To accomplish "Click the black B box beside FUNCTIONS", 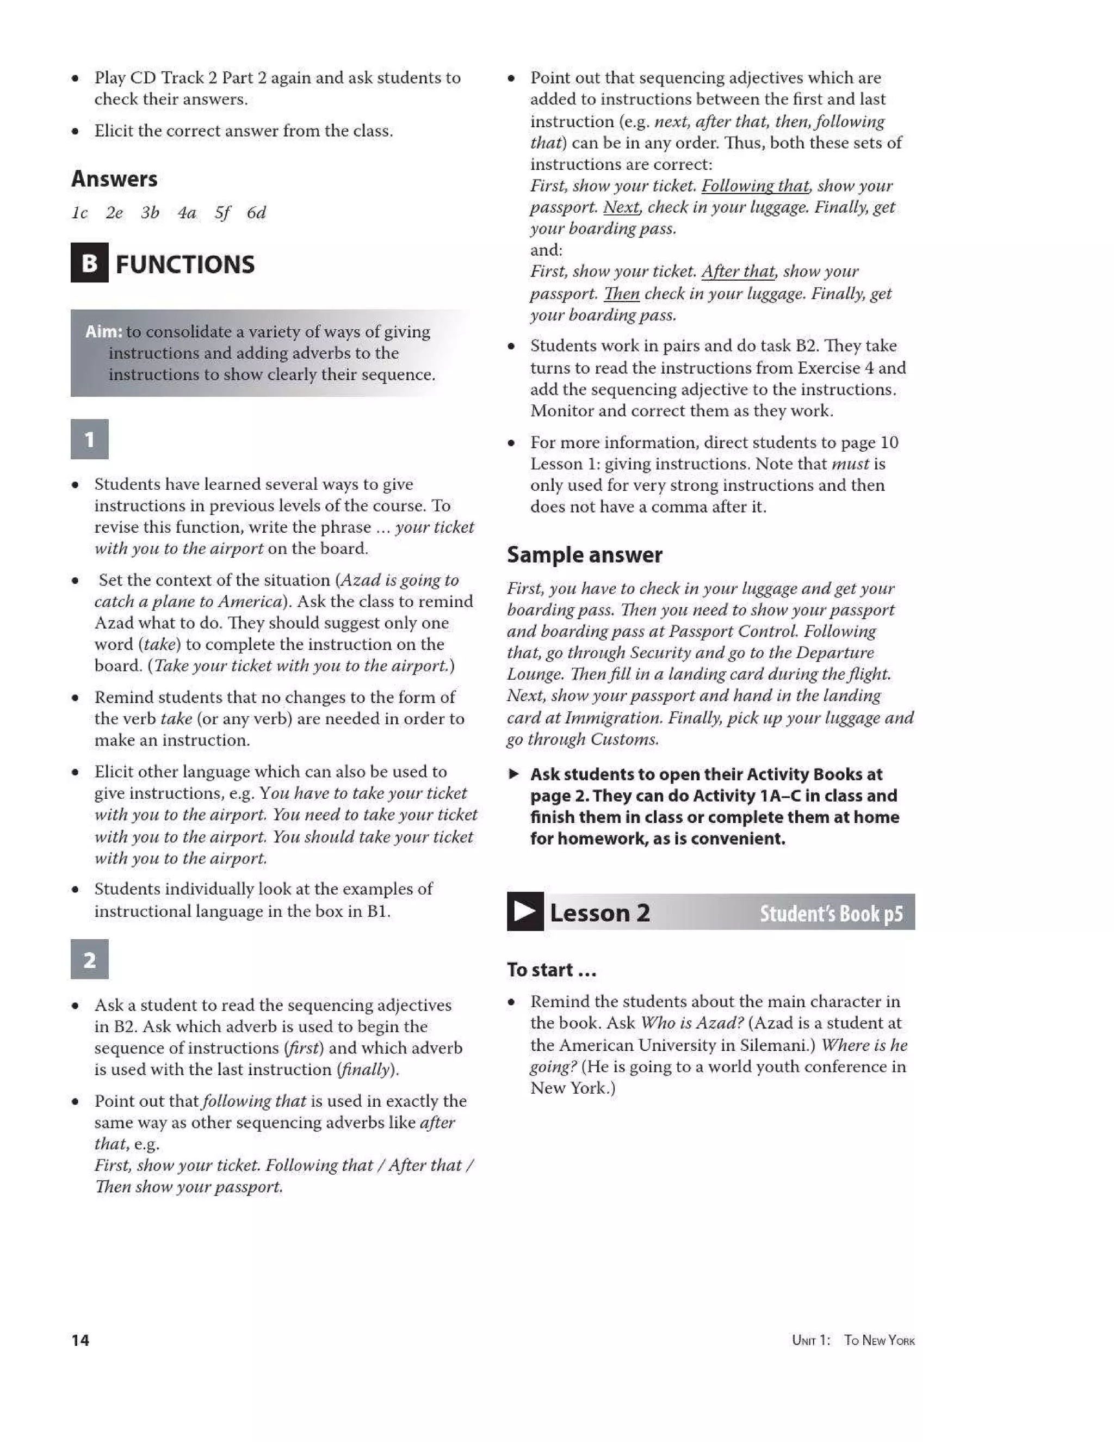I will pyautogui.click(x=89, y=263).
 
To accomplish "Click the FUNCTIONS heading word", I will pyautogui.click(x=185, y=265).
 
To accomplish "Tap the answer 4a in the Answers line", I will pyautogui.click(x=187, y=213).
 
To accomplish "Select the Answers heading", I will pyautogui.click(x=114, y=179).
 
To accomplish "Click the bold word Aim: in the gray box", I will pyautogui.click(x=103, y=331).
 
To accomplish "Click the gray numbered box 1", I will pyautogui.click(x=89, y=439).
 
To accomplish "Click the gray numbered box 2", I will pyautogui.click(x=89, y=959).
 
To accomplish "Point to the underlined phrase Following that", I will pyautogui.click(x=754, y=186).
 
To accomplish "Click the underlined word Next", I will pyautogui.click(x=621, y=207).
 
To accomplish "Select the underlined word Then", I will pyautogui.click(x=621, y=294).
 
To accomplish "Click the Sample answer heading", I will pyautogui.click(x=584, y=554).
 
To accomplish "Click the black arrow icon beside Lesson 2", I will pyautogui.click(x=525, y=912).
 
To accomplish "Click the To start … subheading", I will pyautogui.click(x=551, y=970).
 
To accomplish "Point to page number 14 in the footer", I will pyautogui.click(x=80, y=1340).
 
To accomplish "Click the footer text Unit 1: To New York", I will pyautogui.click(x=853, y=1340).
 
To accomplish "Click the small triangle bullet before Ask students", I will pyautogui.click(x=514, y=774).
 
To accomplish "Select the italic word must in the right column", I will pyautogui.click(x=850, y=464).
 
